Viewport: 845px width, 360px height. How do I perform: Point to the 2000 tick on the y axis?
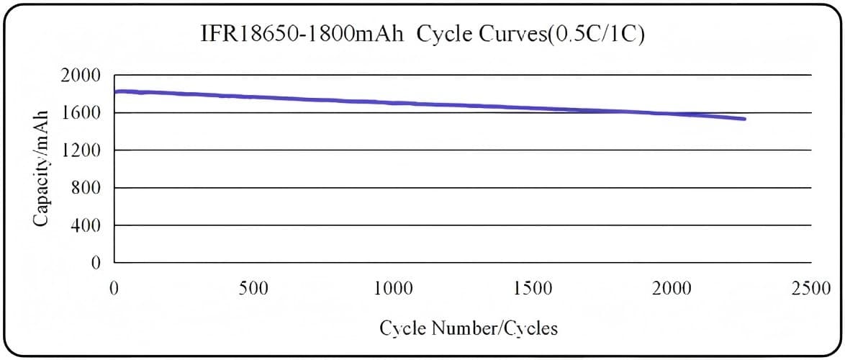click(84, 76)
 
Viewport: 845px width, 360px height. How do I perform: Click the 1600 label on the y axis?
click(84, 113)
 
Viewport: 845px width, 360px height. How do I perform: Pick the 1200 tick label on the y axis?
click(84, 150)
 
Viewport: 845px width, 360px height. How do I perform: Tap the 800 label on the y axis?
click(89, 189)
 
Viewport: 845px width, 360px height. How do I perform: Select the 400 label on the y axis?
click(89, 226)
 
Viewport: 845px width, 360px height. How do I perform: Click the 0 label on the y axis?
click(96, 264)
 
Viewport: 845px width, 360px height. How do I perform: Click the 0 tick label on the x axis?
click(114, 289)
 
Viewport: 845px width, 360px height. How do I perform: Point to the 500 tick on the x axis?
click(253, 289)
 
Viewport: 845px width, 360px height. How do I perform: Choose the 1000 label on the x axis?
click(393, 289)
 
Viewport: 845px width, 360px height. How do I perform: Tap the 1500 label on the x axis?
click(533, 289)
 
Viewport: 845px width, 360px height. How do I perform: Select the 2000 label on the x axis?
click(672, 289)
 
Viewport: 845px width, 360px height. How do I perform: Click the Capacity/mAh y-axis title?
click(42, 168)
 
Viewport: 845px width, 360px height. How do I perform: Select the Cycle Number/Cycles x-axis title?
click(469, 328)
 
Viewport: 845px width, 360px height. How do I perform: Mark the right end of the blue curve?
click(744, 119)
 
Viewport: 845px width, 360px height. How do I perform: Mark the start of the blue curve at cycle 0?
click(116, 91)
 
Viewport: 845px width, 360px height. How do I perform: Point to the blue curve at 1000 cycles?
click(393, 103)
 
